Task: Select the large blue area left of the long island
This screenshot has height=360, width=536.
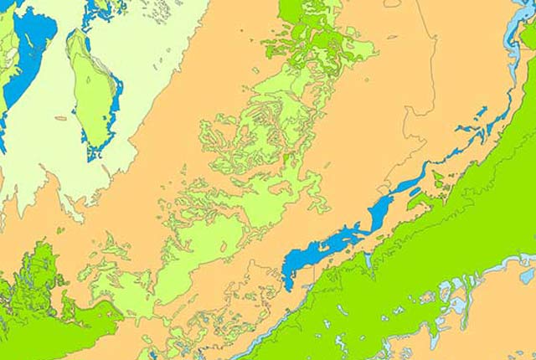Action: [x=33, y=38]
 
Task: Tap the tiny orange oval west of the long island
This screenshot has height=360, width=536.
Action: [x=60, y=118]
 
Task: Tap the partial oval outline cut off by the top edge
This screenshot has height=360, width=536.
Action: [x=392, y=3]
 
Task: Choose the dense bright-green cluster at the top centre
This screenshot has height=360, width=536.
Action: [x=314, y=38]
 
